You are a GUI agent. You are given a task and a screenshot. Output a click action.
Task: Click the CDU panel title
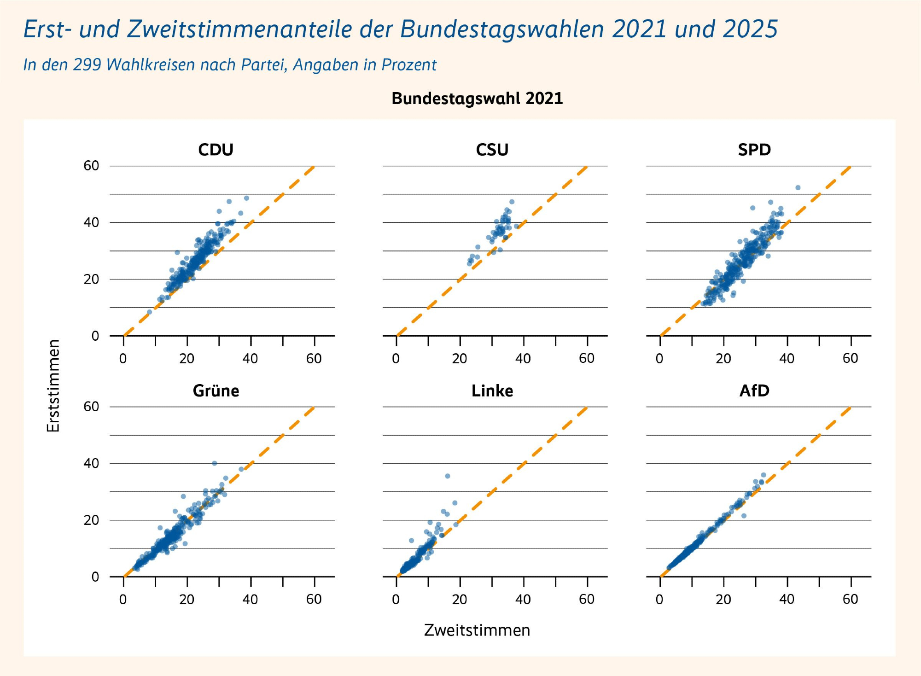click(216, 150)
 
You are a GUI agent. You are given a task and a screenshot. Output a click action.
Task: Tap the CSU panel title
click(492, 150)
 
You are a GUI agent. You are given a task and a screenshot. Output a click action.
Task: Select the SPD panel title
click(754, 150)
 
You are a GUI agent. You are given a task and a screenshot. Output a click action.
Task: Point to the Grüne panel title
click(216, 391)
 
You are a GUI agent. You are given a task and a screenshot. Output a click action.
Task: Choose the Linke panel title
click(492, 391)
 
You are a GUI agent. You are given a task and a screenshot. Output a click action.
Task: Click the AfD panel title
click(754, 391)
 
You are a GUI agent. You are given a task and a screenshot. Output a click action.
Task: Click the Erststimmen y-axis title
click(53, 386)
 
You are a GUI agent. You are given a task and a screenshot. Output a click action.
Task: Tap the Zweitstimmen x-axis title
click(477, 630)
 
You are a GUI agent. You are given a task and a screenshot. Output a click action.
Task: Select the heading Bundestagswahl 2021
click(477, 99)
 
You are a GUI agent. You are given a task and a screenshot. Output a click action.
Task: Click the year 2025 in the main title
click(750, 29)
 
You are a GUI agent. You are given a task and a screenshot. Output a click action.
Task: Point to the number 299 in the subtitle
click(87, 65)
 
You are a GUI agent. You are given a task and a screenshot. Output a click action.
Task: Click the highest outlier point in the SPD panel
click(798, 187)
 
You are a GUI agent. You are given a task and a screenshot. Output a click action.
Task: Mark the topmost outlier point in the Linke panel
click(447, 476)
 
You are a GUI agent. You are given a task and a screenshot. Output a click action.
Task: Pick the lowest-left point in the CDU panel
click(149, 312)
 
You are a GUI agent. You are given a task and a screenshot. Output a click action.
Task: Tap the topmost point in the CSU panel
click(512, 202)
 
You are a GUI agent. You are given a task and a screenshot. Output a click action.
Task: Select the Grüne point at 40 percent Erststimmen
click(214, 463)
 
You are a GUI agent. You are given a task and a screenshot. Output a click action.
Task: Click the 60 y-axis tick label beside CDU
click(91, 166)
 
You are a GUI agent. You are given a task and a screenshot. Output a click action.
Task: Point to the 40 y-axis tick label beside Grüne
click(91, 463)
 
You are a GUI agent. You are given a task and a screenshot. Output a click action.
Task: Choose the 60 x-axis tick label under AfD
click(850, 599)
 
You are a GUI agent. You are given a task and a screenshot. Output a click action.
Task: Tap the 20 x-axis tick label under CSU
click(460, 358)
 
